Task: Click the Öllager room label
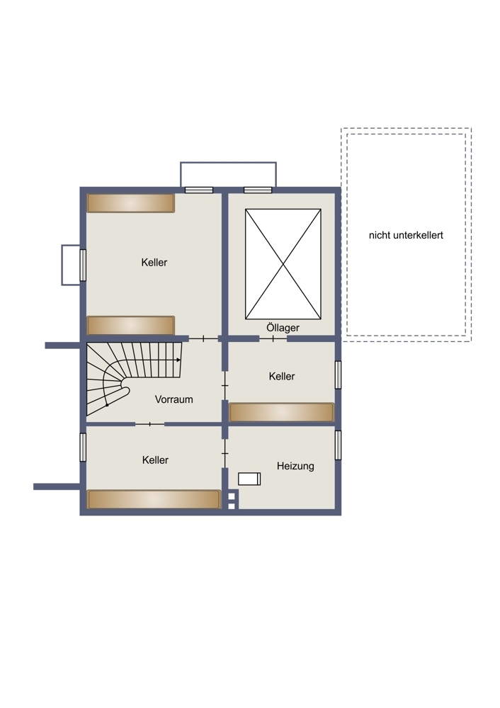tap(283, 327)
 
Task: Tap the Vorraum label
tap(174, 399)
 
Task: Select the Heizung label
tap(295, 466)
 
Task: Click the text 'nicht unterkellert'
tap(406, 235)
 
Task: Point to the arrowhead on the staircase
tap(178, 360)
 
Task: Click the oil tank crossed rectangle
tap(283, 264)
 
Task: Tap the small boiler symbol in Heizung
tap(249, 479)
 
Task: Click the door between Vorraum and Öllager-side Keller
tap(225, 386)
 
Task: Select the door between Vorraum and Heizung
tap(225, 453)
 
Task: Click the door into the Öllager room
tap(273, 338)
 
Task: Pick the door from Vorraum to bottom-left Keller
tap(150, 424)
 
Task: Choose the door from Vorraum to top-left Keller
tap(203, 338)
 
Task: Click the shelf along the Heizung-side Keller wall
tap(281, 412)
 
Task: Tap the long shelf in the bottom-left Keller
tap(154, 499)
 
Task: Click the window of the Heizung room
tap(338, 445)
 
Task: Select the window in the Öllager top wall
tap(258, 190)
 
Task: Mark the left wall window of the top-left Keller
tap(83, 265)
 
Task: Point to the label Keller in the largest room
tap(154, 263)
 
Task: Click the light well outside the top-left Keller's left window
tap(71, 265)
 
